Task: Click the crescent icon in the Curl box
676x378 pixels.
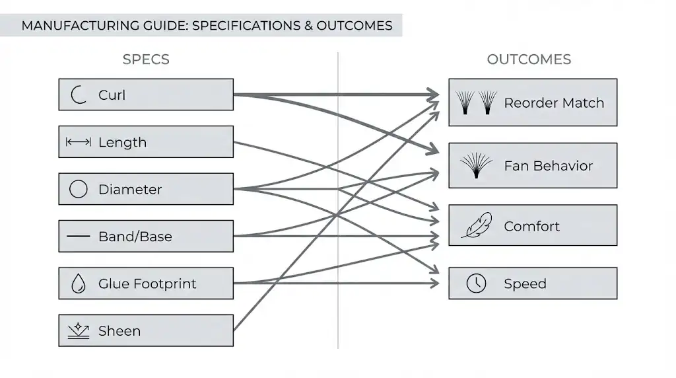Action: (x=79, y=95)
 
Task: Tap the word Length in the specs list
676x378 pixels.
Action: (x=122, y=142)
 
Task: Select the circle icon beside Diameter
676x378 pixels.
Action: (x=79, y=190)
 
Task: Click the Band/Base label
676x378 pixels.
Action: (x=135, y=237)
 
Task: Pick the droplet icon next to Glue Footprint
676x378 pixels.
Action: (x=79, y=284)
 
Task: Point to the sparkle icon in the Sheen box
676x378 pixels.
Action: (x=79, y=330)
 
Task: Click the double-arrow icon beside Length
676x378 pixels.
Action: (x=79, y=142)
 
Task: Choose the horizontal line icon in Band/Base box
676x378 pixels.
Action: (x=79, y=237)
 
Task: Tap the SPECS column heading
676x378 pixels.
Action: (x=146, y=59)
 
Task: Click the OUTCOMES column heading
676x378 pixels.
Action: (x=529, y=59)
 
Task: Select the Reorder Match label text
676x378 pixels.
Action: (x=554, y=103)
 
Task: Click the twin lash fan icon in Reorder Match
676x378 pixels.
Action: (x=476, y=103)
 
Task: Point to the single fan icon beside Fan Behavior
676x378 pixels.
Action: (x=476, y=165)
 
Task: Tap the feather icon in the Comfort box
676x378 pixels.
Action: (x=475, y=226)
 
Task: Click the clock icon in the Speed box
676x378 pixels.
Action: (x=475, y=283)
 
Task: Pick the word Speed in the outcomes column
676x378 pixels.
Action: (x=525, y=283)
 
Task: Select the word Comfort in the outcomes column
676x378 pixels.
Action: (x=531, y=226)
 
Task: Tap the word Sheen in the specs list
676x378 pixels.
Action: (x=119, y=331)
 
